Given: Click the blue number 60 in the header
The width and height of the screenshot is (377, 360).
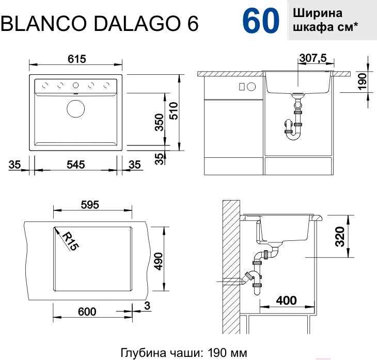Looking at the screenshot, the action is (x=261, y=21).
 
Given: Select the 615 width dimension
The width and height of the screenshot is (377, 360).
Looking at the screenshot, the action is (x=77, y=59).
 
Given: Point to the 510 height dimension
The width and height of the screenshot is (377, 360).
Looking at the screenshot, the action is (x=174, y=111).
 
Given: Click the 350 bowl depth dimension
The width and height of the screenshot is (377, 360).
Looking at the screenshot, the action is (x=159, y=122).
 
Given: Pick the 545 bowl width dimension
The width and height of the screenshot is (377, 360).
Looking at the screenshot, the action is (x=76, y=165).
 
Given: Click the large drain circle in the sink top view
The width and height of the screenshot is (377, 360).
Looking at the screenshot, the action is (x=76, y=108).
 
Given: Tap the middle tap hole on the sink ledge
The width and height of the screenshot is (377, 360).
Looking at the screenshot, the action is (x=76, y=85).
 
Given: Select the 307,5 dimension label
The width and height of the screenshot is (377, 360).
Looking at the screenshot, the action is (x=313, y=58).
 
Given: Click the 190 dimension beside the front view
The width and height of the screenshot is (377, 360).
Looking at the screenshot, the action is (x=363, y=81).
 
